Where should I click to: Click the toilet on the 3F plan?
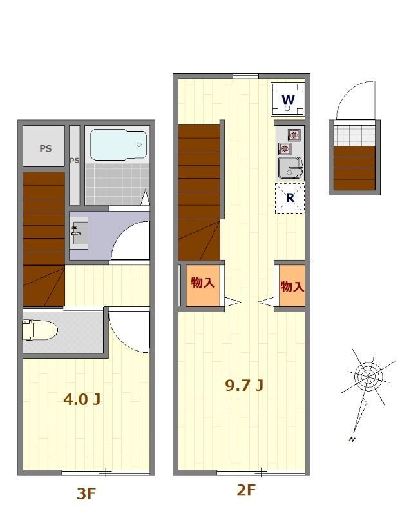point(39,330)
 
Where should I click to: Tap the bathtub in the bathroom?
point(119,144)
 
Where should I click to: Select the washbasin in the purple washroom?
point(79,233)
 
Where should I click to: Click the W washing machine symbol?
point(288,99)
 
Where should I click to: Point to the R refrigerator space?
point(290,199)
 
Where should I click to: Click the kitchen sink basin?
point(290,168)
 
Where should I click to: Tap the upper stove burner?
point(294,135)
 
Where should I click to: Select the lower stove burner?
point(285,149)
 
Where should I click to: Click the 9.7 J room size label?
point(244,385)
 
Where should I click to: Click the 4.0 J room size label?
point(82,399)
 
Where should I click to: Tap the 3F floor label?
point(86,493)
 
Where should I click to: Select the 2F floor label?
point(246,490)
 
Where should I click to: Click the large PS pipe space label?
point(46,148)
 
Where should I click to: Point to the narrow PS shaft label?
point(74,160)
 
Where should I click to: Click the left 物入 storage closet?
point(203,285)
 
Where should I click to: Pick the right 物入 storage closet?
point(292,286)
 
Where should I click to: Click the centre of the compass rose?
point(368,377)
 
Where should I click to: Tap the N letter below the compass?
point(352,439)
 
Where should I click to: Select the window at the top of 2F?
point(245,76)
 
